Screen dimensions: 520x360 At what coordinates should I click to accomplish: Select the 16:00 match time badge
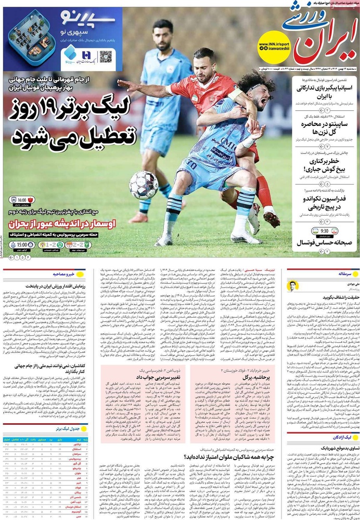pos(22,200)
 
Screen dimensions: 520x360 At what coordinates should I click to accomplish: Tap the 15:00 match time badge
pos(21,244)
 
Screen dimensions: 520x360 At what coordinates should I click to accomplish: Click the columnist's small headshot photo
pos(293,286)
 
